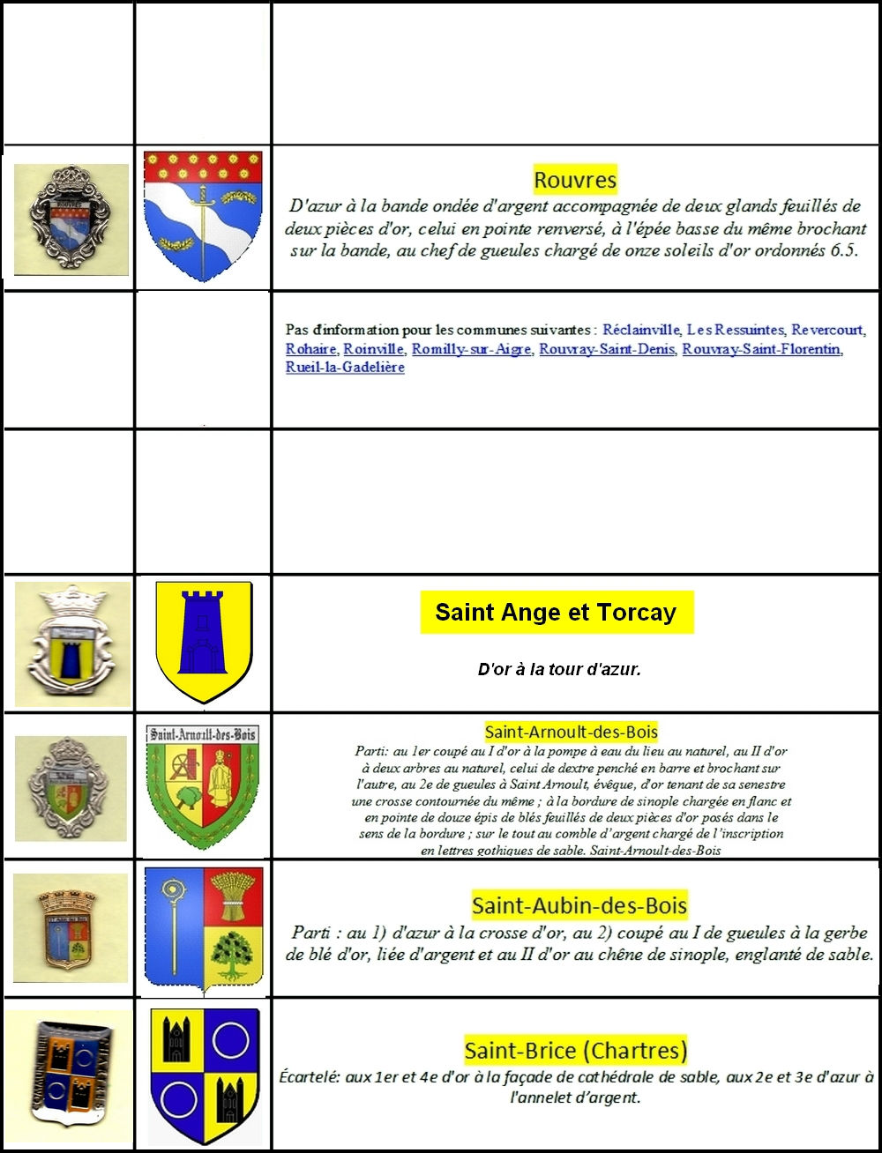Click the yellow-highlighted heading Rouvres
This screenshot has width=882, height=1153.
(575, 181)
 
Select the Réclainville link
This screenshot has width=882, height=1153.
(641, 330)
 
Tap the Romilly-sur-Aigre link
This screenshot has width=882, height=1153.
(472, 349)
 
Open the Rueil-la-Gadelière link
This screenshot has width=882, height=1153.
(345, 368)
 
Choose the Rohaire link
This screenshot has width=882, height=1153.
(310, 349)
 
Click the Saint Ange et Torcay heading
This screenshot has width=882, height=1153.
(556, 613)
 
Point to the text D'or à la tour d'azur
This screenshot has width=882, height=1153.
(559, 669)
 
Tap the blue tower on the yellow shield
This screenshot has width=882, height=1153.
(204, 631)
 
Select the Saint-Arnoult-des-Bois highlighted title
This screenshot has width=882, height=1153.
(571, 732)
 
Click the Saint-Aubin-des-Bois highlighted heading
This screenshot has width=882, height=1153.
(579, 905)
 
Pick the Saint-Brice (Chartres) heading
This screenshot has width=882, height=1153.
(575, 1050)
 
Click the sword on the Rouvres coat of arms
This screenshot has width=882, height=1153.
(204, 225)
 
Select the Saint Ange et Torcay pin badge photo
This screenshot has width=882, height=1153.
(72, 643)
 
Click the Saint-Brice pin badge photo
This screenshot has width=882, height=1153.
(67, 1075)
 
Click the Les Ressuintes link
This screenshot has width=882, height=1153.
(735, 330)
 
